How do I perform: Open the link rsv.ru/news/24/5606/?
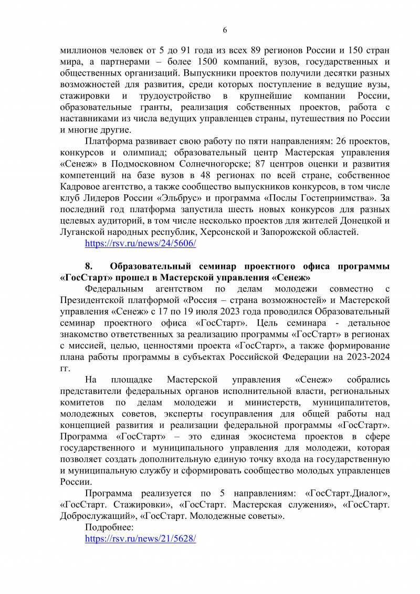140,244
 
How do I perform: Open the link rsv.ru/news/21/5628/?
140,539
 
